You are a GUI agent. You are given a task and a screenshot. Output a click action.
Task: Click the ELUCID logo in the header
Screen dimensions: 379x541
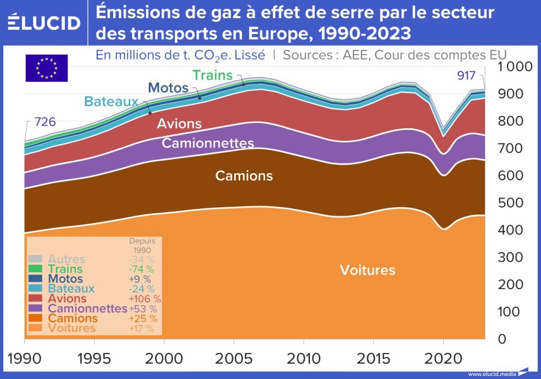[44, 23]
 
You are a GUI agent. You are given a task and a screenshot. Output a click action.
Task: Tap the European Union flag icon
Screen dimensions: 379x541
[47, 68]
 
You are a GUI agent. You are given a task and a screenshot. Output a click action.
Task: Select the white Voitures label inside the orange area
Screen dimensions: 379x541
[367, 270]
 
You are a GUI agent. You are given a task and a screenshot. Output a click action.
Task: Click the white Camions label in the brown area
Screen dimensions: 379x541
[244, 176]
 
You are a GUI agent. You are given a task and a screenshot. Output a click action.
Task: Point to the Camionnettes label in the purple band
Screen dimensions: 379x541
[208, 143]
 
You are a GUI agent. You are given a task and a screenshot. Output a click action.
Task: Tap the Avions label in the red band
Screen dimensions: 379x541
[179, 123]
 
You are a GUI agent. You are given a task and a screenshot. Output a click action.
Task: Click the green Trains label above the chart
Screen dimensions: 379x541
[212, 75]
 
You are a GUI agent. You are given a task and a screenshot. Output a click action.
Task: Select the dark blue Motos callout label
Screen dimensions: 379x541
[168, 88]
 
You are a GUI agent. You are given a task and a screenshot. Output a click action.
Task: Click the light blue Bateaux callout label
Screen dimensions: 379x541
[111, 101]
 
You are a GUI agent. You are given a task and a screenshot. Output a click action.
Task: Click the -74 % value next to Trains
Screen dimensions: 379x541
[141, 269]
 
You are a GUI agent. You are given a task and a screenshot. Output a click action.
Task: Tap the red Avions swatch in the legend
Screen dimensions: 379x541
[35, 298]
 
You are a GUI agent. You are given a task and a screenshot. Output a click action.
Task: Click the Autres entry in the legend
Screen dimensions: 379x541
[67, 259]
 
